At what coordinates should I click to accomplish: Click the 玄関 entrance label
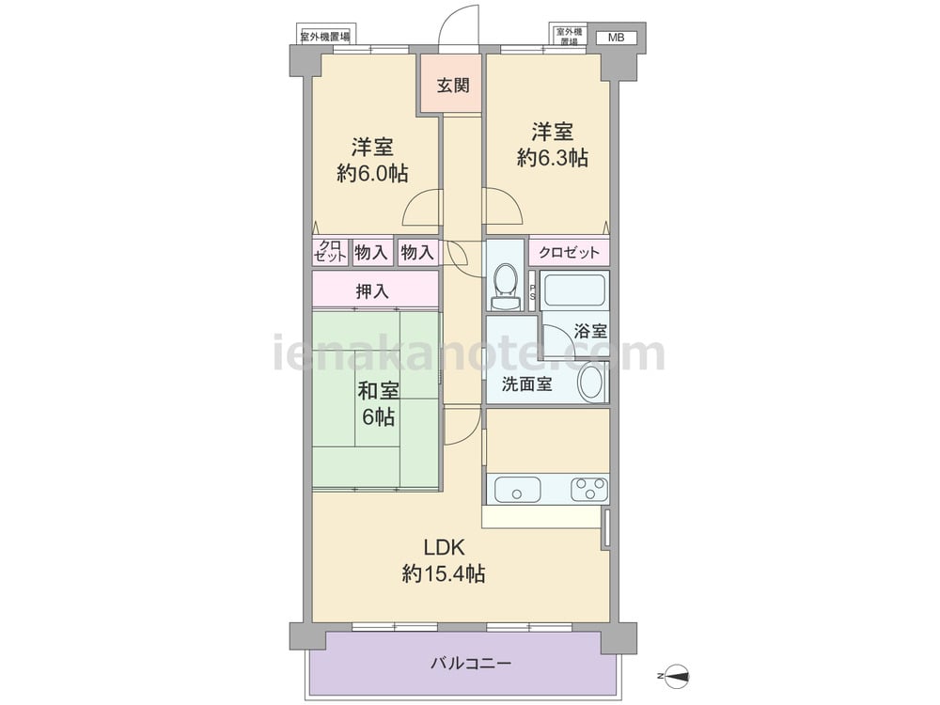click(x=453, y=86)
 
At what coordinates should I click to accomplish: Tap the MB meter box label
click(x=617, y=38)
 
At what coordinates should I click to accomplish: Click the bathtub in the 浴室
click(x=573, y=291)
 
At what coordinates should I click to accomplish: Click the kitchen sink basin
click(x=517, y=489)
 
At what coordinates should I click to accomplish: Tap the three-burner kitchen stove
click(x=589, y=489)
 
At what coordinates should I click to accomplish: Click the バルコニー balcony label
click(x=471, y=663)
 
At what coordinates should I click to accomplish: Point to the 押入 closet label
click(x=372, y=291)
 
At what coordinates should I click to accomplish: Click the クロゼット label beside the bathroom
click(x=569, y=252)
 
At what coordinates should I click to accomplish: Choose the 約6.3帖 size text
click(x=552, y=158)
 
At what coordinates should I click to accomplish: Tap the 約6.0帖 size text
click(x=372, y=173)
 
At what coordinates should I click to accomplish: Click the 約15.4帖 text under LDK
click(x=443, y=574)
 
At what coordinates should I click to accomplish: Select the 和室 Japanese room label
click(x=378, y=391)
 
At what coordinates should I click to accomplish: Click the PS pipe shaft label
click(x=532, y=292)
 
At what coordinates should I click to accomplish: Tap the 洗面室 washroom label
click(x=526, y=384)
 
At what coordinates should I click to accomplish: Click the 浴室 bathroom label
click(x=590, y=331)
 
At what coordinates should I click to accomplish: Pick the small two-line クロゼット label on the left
click(x=330, y=251)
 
